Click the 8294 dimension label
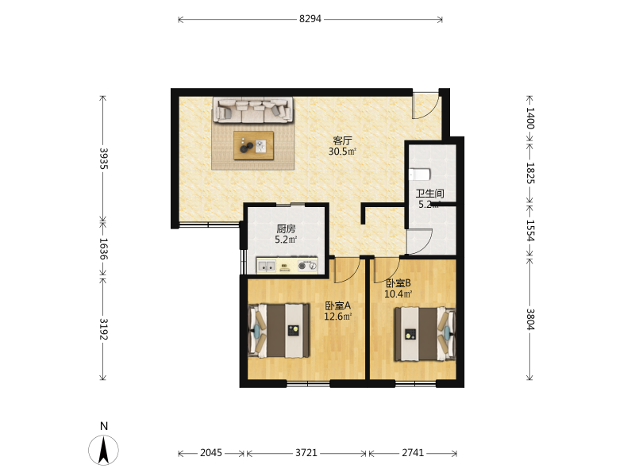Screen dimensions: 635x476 click(x=310, y=19)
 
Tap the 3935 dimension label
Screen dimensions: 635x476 click(x=103, y=159)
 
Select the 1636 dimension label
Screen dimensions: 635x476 click(x=103, y=249)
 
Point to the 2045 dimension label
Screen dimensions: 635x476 click(x=211, y=453)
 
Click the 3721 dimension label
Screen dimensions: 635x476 click(x=306, y=453)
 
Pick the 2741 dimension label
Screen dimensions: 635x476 click(x=413, y=453)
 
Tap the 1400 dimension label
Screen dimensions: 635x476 click(x=530, y=117)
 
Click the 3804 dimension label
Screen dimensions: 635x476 click(x=530, y=320)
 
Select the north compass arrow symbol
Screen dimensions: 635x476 click(x=104, y=450)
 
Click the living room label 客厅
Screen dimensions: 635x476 click(x=343, y=141)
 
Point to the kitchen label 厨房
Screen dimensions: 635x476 click(x=286, y=229)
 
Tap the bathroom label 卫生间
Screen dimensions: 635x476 click(x=429, y=194)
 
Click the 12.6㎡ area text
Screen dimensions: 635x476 click(x=338, y=317)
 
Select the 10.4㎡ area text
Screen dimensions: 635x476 click(x=398, y=294)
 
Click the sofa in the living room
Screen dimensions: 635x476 click(x=253, y=109)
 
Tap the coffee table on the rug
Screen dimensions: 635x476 click(x=253, y=145)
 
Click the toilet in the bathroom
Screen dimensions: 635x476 click(x=419, y=175)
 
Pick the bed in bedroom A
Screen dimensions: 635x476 click(x=279, y=331)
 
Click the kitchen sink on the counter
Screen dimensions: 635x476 click(x=267, y=266)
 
